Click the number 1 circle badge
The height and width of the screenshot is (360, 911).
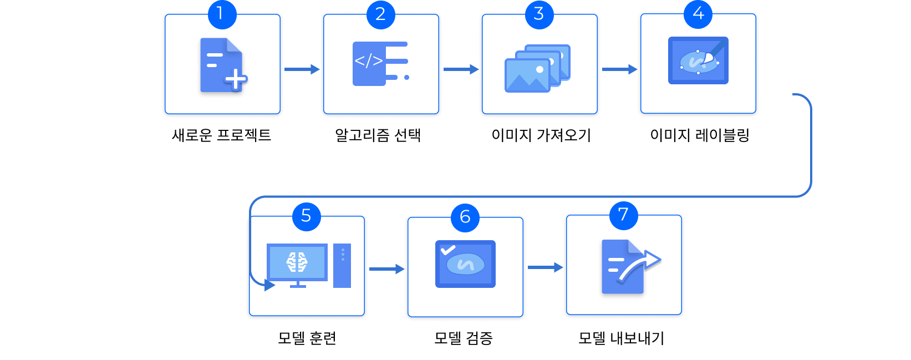222,14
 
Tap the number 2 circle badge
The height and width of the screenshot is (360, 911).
380,14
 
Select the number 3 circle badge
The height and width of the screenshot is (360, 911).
539,14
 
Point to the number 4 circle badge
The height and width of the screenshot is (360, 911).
698,14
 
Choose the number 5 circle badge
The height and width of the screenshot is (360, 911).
306,216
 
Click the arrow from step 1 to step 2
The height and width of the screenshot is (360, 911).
302,69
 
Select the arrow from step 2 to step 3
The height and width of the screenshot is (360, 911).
460,69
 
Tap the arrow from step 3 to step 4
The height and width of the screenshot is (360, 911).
619,69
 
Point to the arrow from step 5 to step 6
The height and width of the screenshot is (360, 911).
386,269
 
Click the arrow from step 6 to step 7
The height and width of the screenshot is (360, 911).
545,267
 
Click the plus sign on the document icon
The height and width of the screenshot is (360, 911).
236,79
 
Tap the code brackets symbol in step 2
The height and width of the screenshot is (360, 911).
369,61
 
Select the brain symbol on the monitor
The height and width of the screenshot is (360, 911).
297,262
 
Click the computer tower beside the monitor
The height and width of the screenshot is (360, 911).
342,265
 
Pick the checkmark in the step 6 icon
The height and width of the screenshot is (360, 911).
447,250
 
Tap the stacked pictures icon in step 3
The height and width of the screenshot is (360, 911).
537,68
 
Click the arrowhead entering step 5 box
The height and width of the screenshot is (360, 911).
269,285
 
